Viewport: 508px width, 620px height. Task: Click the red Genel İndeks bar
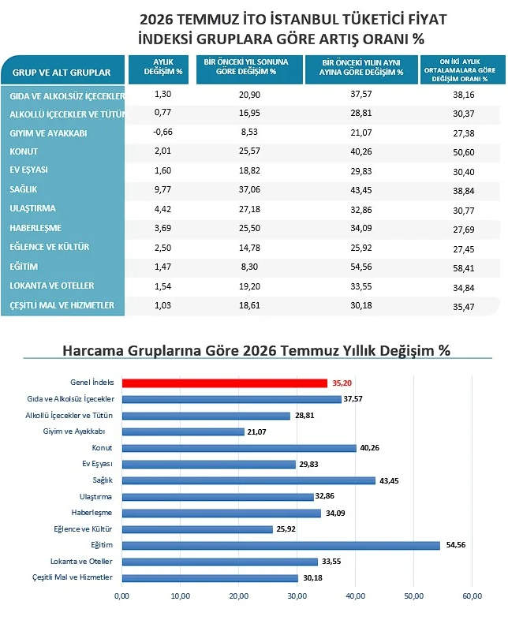point(225,383)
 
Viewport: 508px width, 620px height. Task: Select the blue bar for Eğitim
point(281,545)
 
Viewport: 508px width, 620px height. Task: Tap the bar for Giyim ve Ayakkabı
point(183,431)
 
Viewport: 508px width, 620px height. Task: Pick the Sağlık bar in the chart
point(248,480)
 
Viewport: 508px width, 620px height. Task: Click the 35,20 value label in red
point(342,383)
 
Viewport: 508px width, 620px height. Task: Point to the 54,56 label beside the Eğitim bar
point(456,545)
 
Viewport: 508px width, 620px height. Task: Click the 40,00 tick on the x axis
point(356,596)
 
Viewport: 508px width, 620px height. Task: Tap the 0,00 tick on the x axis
point(121,596)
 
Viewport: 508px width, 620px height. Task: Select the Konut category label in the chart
point(102,447)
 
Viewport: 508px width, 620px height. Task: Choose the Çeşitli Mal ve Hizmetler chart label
point(73,577)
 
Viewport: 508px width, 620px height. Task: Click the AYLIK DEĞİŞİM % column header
point(162,67)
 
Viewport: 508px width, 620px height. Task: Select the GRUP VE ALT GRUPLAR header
point(62,73)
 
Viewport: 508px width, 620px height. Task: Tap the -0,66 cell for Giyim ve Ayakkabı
point(162,132)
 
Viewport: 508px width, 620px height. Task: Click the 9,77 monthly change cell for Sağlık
point(162,189)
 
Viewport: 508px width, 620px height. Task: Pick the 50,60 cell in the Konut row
point(464,152)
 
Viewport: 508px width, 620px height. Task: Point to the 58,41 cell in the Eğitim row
point(464,268)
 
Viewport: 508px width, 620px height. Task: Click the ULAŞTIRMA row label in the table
point(33,208)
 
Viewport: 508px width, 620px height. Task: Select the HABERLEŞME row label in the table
point(35,228)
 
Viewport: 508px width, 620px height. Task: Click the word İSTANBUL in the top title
point(304,19)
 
